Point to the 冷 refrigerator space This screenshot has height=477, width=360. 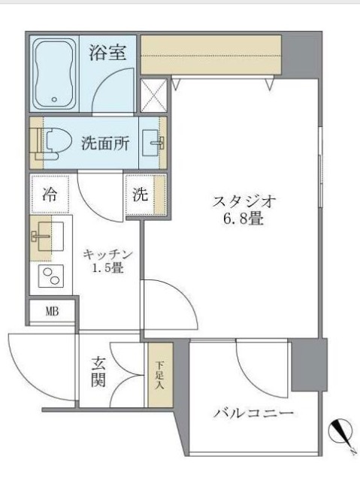pyautogui.click(x=50, y=195)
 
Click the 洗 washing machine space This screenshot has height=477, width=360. pyautogui.click(x=141, y=195)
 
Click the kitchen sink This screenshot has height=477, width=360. pyautogui.click(x=44, y=236)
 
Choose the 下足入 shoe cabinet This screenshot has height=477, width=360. pyautogui.click(x=159, y=375)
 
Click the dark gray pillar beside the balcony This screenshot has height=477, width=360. pyautogui.click(x=309, y=364)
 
